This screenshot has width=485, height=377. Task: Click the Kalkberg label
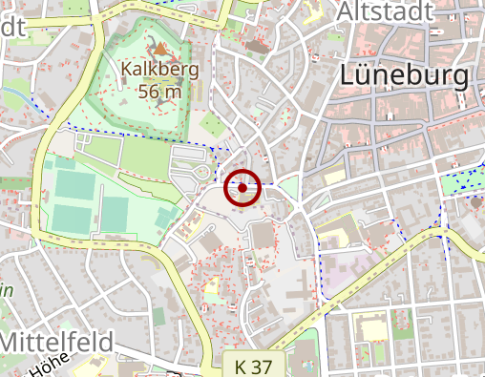click(x=160, y=70)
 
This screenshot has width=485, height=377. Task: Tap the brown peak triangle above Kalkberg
click(x=160, y=47)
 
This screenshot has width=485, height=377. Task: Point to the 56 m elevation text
click(x=160, y=92)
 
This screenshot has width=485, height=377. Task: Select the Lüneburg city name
click(x=406, y=76)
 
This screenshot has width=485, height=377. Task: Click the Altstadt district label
click(x=385, y=11)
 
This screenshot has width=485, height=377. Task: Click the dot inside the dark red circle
click(x=243, y=188)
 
